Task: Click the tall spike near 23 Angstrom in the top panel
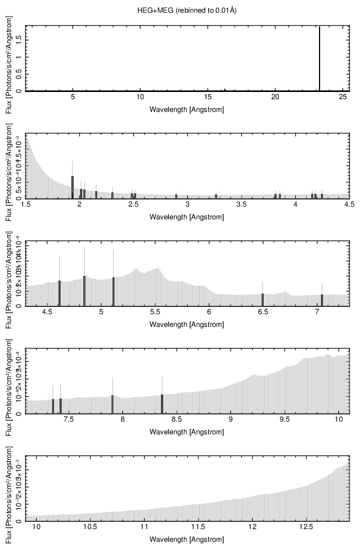click(320, 58)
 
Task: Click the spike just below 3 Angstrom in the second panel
click(176, 196)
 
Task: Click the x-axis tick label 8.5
click(177, 419)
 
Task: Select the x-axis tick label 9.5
click(285, 419)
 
